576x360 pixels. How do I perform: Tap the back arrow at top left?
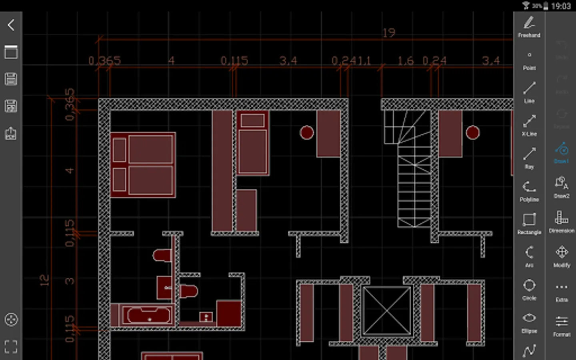(x=11, y=25)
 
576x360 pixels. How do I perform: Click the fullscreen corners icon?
(x=11, y=346)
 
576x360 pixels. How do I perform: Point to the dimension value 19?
(x=388, y=33)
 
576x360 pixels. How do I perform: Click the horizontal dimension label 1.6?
(x=405, y=61)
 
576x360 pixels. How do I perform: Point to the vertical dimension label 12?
(x=45, y=280)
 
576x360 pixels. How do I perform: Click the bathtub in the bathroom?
(x=148, y=315)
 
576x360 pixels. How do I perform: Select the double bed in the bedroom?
(x=143, y=165)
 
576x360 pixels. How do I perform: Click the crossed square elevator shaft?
(x=387, y=310)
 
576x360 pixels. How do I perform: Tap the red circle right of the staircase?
(x=472, y=132)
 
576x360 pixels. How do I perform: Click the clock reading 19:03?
(x=560, y=6)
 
